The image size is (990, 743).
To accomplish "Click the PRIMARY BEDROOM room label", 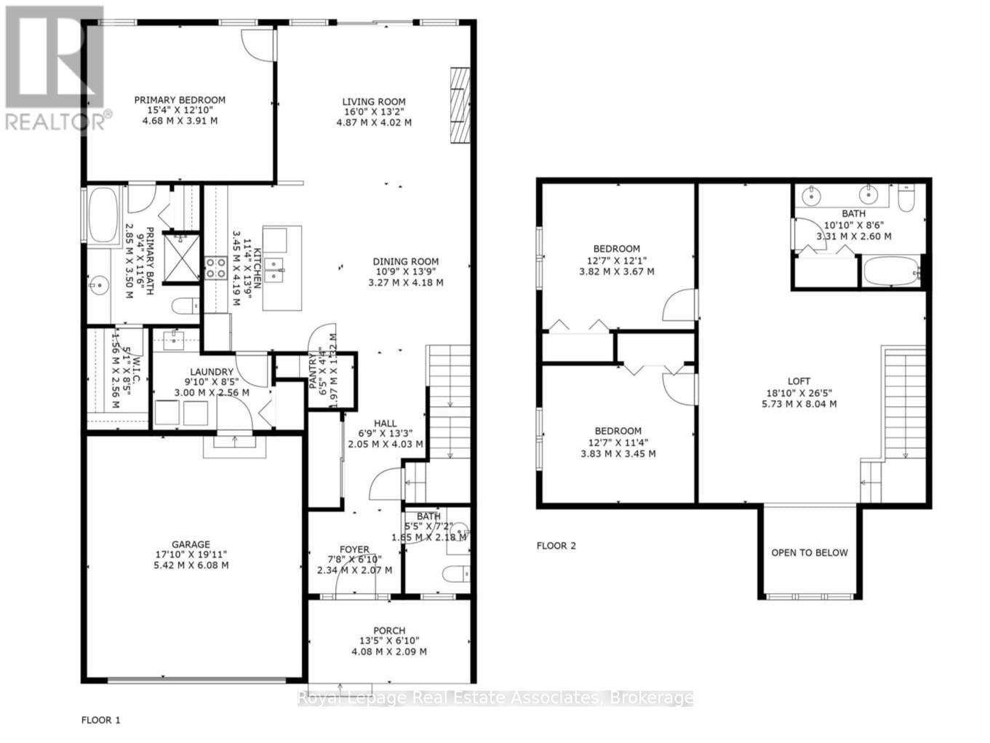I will point(180,100).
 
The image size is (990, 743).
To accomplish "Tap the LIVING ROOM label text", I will point(374,102).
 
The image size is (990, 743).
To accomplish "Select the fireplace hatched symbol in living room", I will point(460,107).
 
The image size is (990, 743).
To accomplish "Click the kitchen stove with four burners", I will point(215,268).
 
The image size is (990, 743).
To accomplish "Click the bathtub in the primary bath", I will point(103,215).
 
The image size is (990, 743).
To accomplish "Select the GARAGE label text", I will point(191,544).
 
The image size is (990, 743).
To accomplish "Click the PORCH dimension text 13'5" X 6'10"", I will point(389,641).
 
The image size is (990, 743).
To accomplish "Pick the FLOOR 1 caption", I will point(100,720).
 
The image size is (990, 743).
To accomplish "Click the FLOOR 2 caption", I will point(556,546).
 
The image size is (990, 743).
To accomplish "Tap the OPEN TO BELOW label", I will point(810,552).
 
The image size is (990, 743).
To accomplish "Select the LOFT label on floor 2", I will point(799,381).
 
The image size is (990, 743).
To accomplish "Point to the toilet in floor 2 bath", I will point(906,199).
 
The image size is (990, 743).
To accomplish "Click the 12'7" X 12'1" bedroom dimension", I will point(616,261).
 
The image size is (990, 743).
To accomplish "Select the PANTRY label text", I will point(314,370).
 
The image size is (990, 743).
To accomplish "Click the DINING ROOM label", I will point(406,262).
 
